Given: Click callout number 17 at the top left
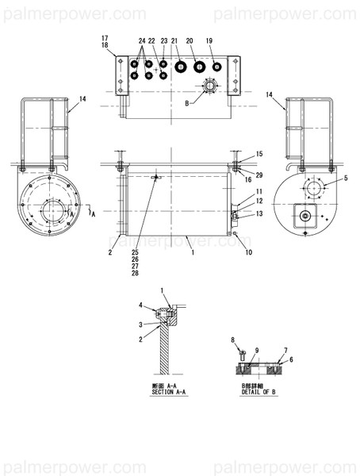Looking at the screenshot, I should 104,39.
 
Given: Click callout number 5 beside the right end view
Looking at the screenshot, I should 345,178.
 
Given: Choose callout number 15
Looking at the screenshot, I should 259,153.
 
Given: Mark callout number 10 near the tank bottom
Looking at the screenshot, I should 248,252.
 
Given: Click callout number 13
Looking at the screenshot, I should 259,213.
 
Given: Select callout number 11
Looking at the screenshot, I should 259,192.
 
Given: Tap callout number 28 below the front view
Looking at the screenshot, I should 136,274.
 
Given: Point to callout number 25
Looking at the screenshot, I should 136,252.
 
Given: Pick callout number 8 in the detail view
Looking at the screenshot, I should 233,340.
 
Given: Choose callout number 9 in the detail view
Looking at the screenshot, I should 257,350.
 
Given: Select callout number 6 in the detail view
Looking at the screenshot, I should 291,359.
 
